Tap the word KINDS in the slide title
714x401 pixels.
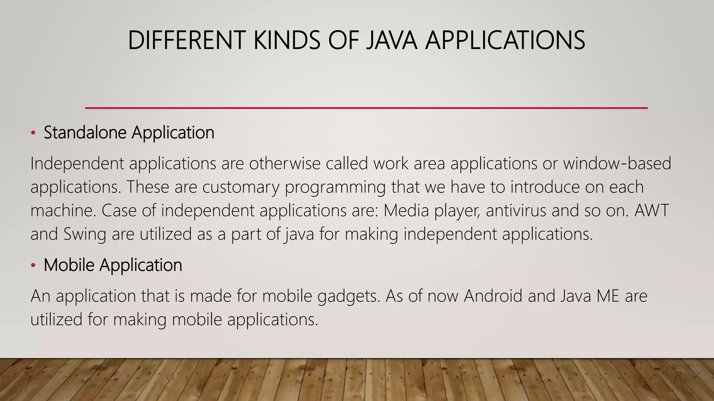click(286, 40)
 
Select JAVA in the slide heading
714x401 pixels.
click(392, 40)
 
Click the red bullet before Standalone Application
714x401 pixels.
click(33, 133)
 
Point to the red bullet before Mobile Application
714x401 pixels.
click(33, 265)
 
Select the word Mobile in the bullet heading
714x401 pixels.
click(69, 265)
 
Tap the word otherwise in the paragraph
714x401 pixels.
click(284, 164)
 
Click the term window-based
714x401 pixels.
click(617, 164)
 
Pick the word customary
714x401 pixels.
click(241, 187)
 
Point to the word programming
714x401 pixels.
click(335, 188)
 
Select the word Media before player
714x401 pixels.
click(406, 211)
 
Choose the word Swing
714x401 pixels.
click(85, 234)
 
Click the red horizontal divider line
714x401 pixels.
click(366, 108)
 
